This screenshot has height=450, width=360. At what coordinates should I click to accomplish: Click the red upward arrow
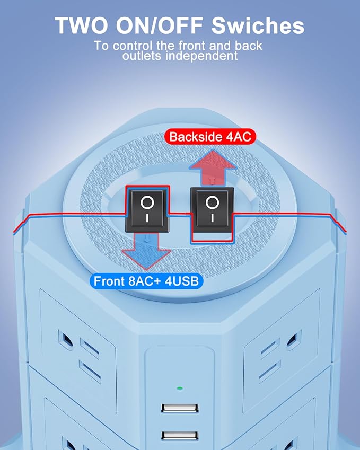tap(213, 167)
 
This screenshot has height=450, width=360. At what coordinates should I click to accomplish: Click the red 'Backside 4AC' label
tap(210, 137)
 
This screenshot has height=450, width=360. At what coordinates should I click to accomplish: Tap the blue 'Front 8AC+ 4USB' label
tap(146, 281)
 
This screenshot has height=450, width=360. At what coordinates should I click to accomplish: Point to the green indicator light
tap(180, 389)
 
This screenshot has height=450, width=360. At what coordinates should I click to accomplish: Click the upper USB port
tap(180, 408)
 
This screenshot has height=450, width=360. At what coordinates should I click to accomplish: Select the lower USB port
tap(180, 435)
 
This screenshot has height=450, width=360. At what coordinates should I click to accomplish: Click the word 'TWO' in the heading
tap(81, 25)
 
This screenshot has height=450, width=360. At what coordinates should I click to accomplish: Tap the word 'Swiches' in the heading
tap(258, 25)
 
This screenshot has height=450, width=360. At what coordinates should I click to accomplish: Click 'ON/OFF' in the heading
tap(159, 25)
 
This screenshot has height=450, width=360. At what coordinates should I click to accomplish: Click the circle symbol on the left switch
tap(147, 202)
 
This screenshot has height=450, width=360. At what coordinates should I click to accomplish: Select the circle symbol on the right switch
tap(212, 202)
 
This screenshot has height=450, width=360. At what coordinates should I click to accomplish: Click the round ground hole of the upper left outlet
tap(65, 340)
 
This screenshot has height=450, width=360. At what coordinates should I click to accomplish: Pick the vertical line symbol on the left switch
tap(147, 218)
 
